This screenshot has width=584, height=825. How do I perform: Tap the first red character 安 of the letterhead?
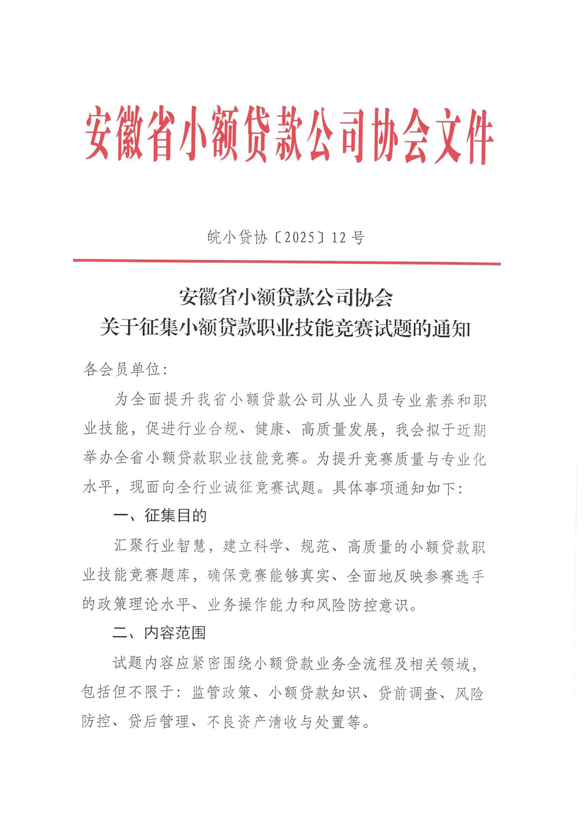(99, 133)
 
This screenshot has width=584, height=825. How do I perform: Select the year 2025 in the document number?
(299, 237)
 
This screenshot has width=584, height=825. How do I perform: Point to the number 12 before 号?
(339, 237)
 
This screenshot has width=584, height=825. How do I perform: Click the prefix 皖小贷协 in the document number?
(237, 237)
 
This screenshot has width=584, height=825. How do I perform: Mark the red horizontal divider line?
(287, 263)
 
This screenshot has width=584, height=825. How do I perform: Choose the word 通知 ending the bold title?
(452, 328)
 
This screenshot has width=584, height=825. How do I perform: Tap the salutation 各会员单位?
(122, 370)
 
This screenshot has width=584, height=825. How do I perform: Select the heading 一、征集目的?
(160, 516)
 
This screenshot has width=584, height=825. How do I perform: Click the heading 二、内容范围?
(160, 633)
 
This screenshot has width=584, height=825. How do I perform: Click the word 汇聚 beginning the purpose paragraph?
(129, 546)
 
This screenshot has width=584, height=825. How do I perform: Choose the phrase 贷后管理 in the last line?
(158, 722)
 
